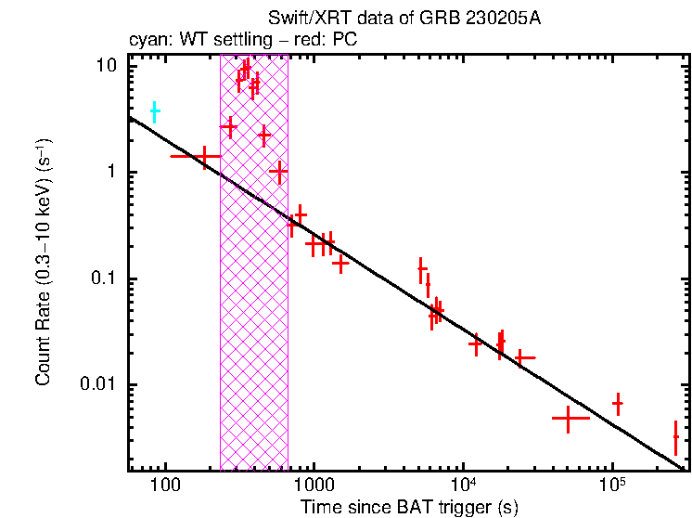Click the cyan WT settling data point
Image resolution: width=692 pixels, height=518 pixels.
point(155,111)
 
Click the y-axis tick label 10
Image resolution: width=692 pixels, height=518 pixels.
point(108,66)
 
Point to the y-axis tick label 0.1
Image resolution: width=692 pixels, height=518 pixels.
point(105,279)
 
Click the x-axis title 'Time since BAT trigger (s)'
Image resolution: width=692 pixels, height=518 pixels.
point(408,508)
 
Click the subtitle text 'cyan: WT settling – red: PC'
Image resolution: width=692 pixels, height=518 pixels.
point(242,41)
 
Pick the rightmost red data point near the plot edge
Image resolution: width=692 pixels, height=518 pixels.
point(675,436)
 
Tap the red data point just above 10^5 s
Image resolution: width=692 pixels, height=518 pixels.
point(617,403)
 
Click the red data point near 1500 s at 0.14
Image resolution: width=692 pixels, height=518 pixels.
point(340,263)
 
